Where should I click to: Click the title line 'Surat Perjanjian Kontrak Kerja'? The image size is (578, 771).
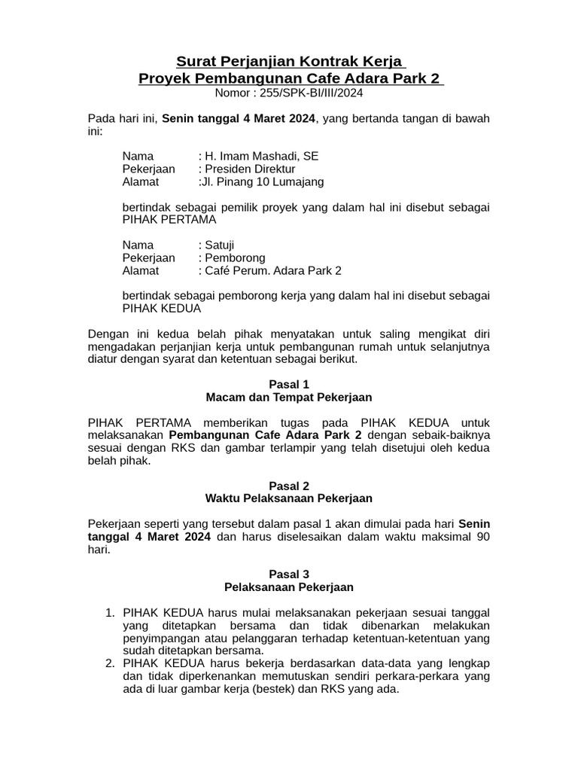(x=289, y=60)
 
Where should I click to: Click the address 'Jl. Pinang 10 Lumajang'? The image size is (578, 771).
(x=262, y=181)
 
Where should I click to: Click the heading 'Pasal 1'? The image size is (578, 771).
(x=289, y=384)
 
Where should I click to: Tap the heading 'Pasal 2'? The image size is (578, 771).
(x=289, y=486)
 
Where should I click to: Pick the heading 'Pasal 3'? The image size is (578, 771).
(x=289, y=574)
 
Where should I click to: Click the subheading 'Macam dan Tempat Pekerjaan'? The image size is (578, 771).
(x=289, y=397)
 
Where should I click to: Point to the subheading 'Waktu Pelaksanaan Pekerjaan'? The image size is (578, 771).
(x=289, y=498)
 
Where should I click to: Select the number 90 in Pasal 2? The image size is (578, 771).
(x=482, y=537)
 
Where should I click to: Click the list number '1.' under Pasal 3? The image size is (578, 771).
(x=109, y=612)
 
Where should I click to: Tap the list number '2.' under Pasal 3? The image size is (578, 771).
(x=109, y=663)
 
